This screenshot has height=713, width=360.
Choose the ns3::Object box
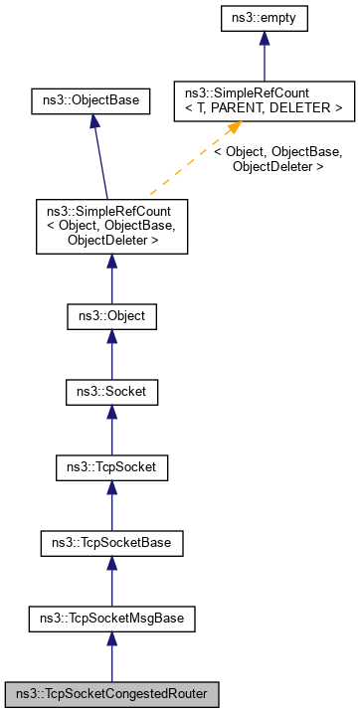coord(111,316)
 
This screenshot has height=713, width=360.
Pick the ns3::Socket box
coord(111,392)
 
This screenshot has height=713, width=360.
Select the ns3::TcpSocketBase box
coord(111,543)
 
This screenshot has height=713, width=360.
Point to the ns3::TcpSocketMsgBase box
coord(111,619)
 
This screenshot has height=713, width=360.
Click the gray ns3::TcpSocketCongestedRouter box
coord(111,693)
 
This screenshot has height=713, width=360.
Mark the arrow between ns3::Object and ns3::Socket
coord(111,354)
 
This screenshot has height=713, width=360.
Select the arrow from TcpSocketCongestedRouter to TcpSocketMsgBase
coord(111,656)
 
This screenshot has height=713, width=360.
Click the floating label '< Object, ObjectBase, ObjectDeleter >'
coord(277,159)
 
